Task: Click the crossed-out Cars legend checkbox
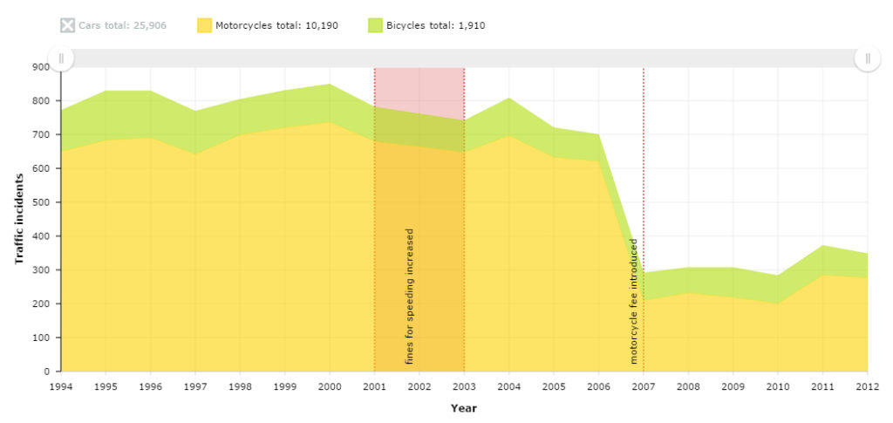(x=68, y=25)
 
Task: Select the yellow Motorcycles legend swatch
(x=204, y=25)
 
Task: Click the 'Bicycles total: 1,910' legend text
(x=435, y=25)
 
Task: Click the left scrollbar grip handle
(x=61, y=58)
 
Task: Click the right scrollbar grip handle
(x=868, y=58)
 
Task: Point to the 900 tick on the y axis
(x=41, y=66)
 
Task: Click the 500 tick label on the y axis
(x=41, y=202)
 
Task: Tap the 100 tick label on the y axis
(x=41, y=338)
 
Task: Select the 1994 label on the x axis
(x=61, y=385)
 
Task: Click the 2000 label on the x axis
(x=330, y=385)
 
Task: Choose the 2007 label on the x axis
(x=644, y=385)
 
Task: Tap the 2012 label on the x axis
(x=867, y=385)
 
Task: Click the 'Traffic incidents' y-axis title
(x=18, y=219)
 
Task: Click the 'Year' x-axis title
(x=463, y=407)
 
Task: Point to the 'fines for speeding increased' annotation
(x=410, y=297)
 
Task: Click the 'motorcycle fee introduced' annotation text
(x=634, y=301)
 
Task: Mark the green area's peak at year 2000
(x=330, y=85)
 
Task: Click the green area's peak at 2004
(x=509, y=99)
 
